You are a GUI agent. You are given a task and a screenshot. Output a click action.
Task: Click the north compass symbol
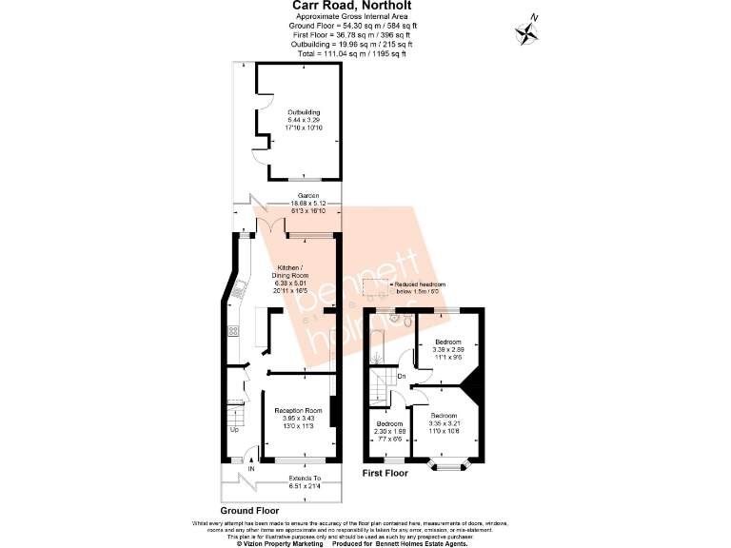click(525, 33)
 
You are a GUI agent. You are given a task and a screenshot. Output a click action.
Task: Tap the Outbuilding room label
click(305, 121)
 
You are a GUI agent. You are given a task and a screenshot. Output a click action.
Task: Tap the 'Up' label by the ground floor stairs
click(234, 429)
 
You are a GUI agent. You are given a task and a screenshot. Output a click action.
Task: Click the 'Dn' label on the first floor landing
click(402, 378)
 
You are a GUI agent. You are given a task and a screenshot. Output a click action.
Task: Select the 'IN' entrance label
click(251, 469)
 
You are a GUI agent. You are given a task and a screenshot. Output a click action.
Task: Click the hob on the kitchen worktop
click(232, 331)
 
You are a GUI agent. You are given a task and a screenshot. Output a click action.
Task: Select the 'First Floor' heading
click(385, 473)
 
